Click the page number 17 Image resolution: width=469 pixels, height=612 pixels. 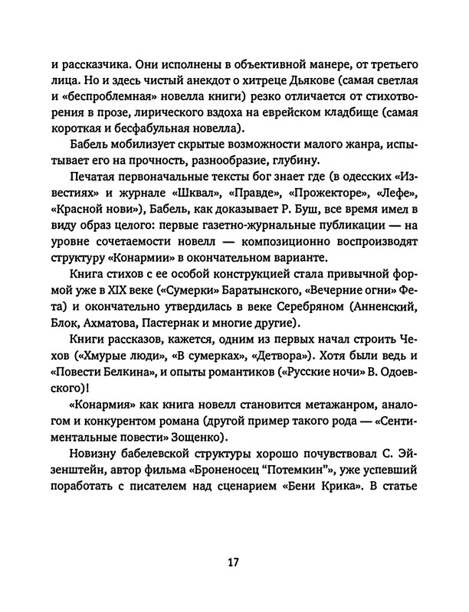coord(234,563)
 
